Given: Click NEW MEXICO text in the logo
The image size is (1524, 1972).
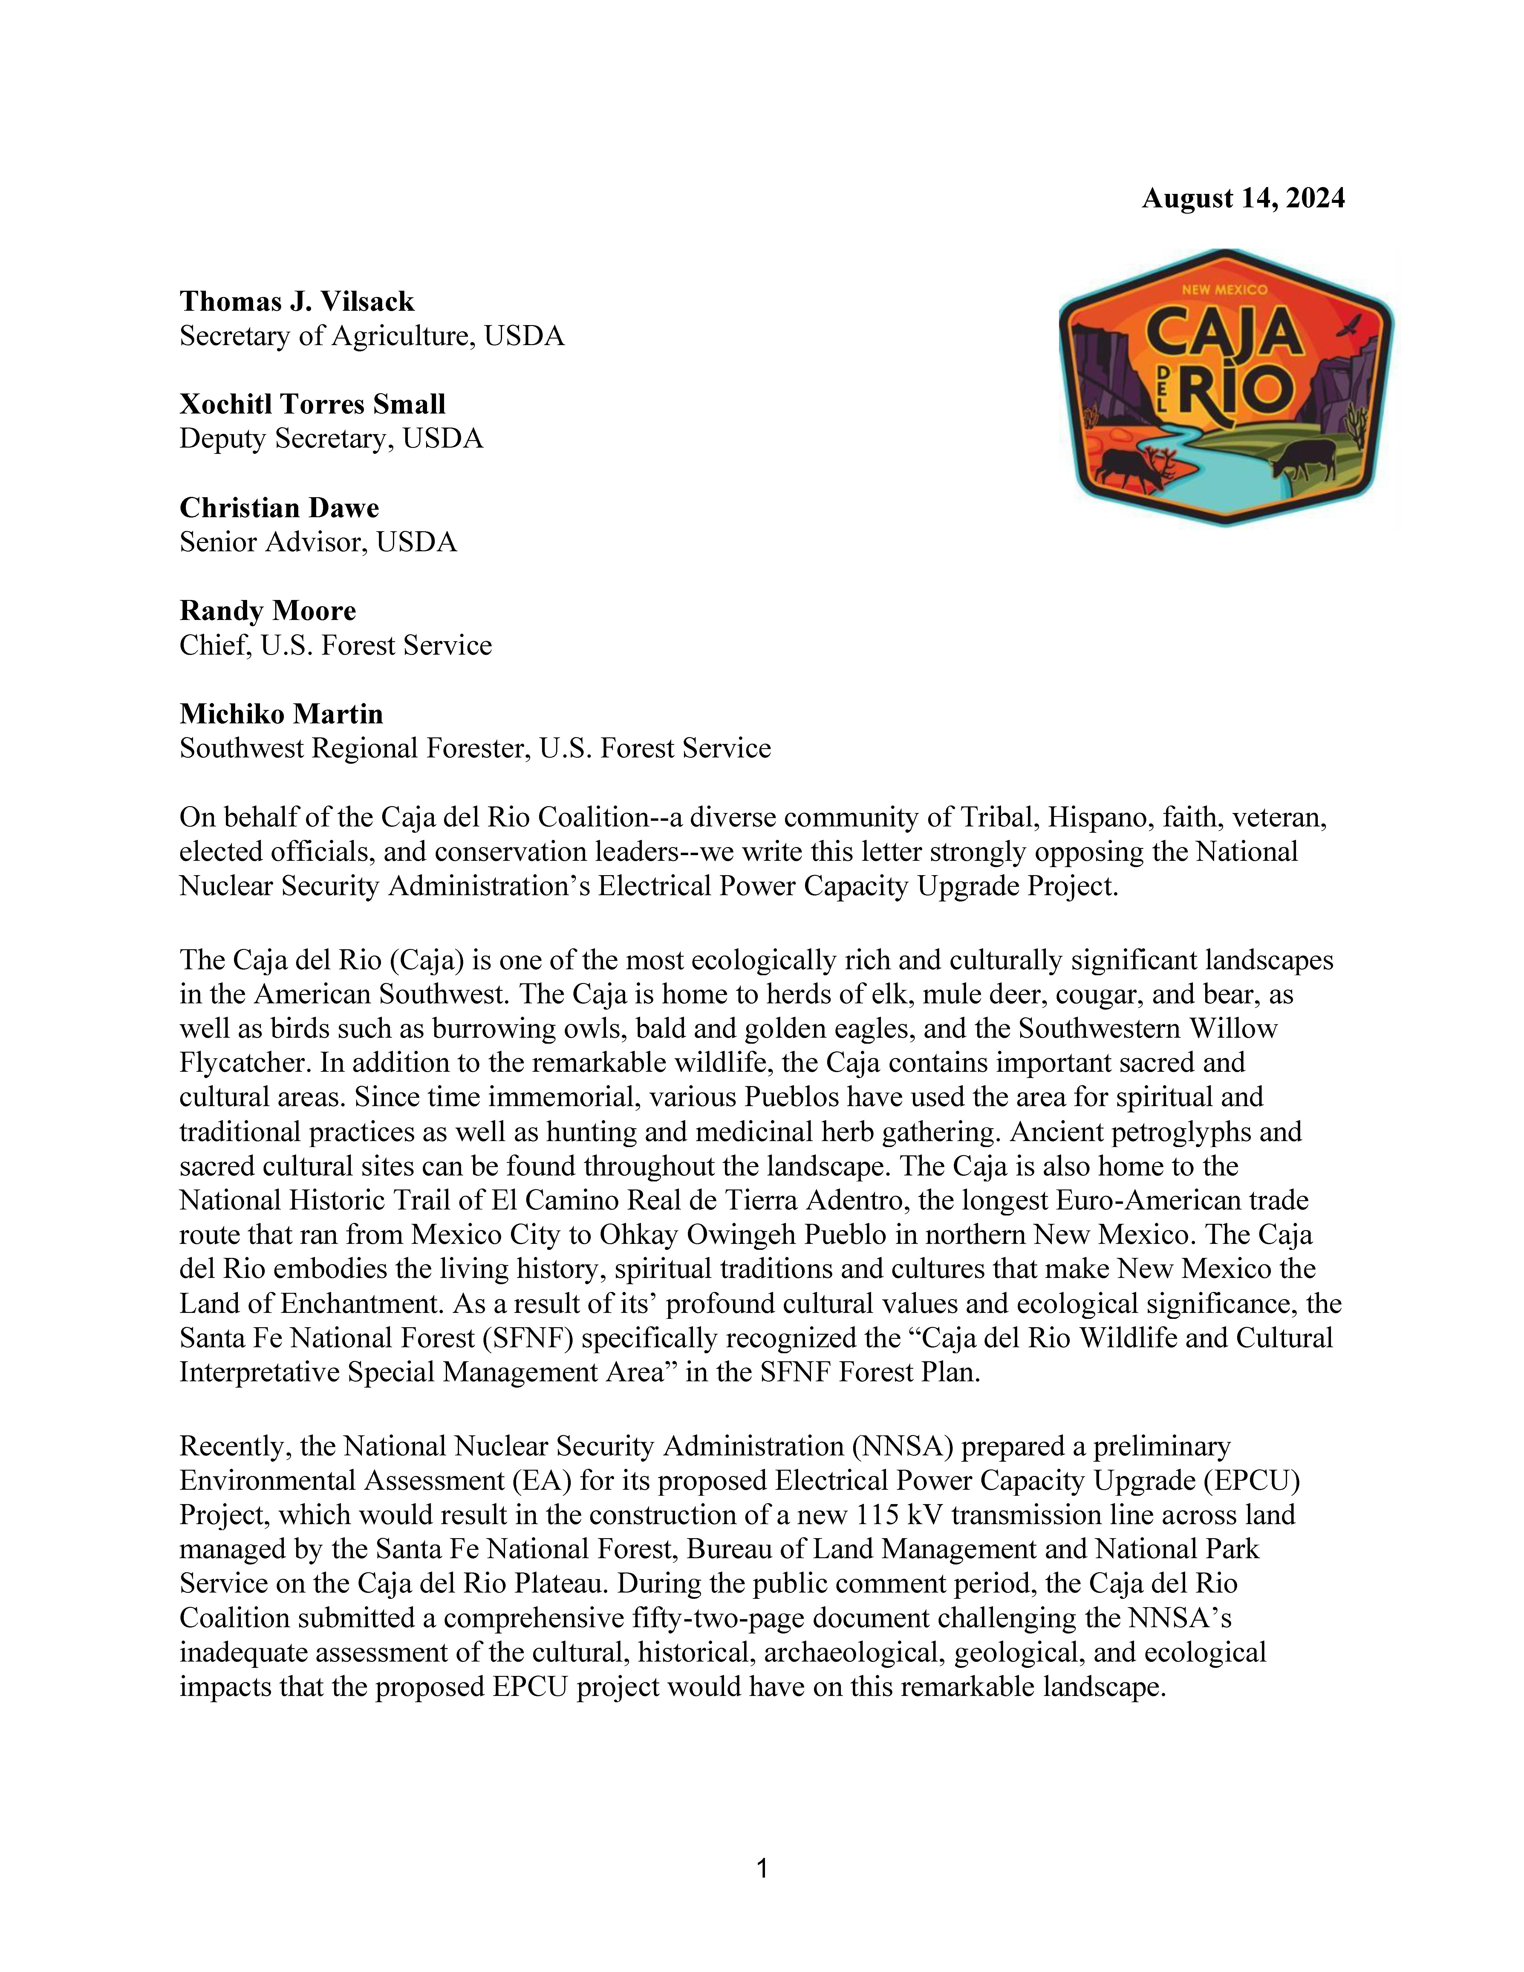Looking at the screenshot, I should tap(1224, 290).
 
